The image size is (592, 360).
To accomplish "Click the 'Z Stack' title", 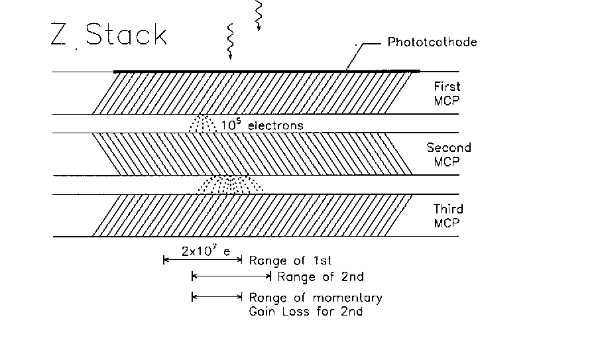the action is (108, 34).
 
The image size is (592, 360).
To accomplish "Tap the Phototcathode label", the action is (432, 42).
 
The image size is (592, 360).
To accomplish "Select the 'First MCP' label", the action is (447, 93).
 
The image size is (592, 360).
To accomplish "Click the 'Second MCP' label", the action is (449, 154).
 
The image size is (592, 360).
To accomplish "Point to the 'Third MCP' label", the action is (447, 216).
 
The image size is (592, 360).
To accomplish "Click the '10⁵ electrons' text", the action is (262, 125).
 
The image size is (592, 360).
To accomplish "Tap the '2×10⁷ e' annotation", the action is (206, 251).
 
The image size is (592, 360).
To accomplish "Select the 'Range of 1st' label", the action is (290, 261).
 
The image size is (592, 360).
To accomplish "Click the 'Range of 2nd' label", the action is (321, 277).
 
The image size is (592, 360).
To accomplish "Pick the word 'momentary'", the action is (348, 298).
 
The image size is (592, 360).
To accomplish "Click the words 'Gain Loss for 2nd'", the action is (306, 312).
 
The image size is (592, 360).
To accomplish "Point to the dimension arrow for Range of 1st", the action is (203, 259).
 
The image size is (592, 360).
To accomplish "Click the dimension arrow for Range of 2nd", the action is (231, 276).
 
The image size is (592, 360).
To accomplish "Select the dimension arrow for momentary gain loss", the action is (217, 297).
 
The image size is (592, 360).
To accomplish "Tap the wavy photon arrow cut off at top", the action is (259, 15).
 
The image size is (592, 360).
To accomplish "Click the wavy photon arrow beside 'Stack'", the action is (230, 42).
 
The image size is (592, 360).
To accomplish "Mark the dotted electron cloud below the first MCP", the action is (203, 123).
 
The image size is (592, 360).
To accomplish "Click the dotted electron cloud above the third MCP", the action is (230, 185).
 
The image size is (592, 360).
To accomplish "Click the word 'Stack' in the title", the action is (126, 34).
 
